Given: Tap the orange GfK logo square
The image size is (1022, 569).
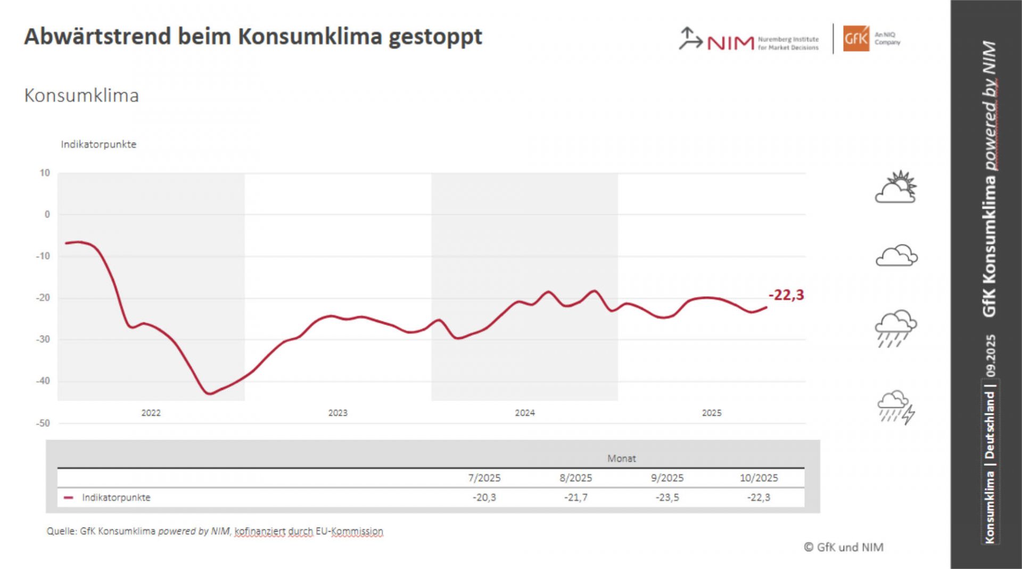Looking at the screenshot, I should coord(856,38).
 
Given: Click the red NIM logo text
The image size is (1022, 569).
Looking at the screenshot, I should coord(730,43).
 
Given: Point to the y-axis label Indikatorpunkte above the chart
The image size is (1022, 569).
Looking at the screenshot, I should coord(98,144).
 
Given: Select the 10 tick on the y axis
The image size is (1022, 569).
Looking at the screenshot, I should coord(45,173).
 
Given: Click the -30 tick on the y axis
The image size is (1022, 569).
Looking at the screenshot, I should coord(43,339).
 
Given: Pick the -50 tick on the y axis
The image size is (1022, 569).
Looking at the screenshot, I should coord(43,423).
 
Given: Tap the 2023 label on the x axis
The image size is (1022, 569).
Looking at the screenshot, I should coord(337,413).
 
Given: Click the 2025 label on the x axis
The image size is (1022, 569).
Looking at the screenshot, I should coord(712,413).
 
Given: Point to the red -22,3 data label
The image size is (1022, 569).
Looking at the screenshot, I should coord(786,295).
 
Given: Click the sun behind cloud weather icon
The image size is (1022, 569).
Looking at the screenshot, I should coord(896,187).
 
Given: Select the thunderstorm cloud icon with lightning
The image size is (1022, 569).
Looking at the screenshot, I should coord(896,407).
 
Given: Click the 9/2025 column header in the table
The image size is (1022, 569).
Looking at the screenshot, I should coord(667,478).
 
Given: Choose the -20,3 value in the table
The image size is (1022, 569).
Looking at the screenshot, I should coord(484,498).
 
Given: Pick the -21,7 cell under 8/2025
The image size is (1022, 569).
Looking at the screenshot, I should coord(575,498).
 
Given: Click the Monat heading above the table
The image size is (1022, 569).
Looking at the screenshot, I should coord(621,458).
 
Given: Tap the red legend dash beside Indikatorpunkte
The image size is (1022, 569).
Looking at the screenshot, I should coord(68,498).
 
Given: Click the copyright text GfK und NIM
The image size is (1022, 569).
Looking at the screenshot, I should coord(844,547).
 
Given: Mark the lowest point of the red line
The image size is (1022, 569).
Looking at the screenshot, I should coord(209,394).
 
